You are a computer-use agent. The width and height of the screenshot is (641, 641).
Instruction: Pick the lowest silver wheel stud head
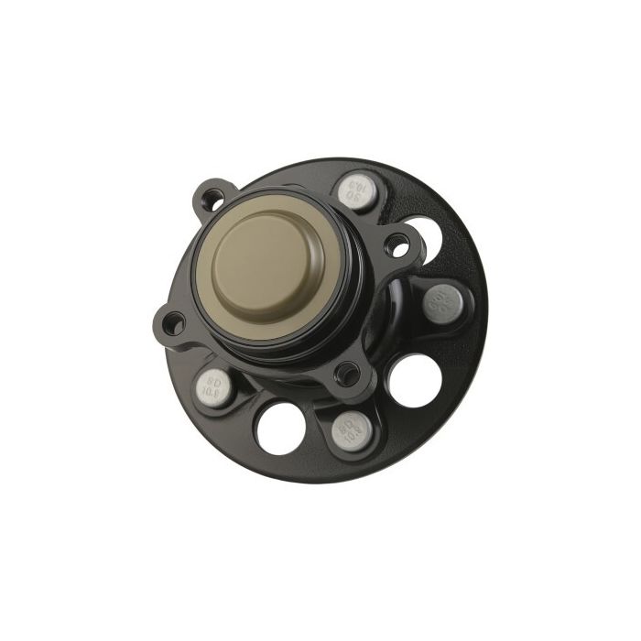(351, 428)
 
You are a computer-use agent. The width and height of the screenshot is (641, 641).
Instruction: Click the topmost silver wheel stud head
(357, 191)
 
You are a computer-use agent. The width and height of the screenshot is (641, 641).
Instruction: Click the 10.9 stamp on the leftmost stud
(210, 390)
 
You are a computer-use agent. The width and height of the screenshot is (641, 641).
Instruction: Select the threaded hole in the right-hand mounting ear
(397, 244)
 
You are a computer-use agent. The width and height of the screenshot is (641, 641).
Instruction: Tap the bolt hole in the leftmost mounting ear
(171, 321)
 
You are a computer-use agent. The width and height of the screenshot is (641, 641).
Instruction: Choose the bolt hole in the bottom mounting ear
(347, 372)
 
